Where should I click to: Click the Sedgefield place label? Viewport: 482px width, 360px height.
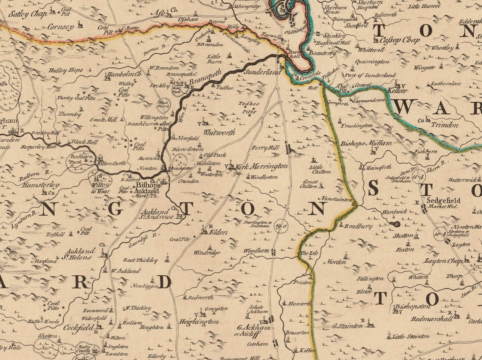(443, 201)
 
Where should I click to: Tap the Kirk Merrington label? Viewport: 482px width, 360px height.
(262, 166)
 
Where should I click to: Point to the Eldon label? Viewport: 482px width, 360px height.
(218, 232)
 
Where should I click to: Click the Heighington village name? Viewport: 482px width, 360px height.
(199, 322)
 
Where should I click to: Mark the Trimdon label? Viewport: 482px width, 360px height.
(444, 125)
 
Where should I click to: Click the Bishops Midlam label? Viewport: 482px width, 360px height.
(366, 143)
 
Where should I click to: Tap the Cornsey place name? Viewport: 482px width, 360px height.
(60, 27)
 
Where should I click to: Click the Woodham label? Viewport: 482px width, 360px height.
(256, 251)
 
